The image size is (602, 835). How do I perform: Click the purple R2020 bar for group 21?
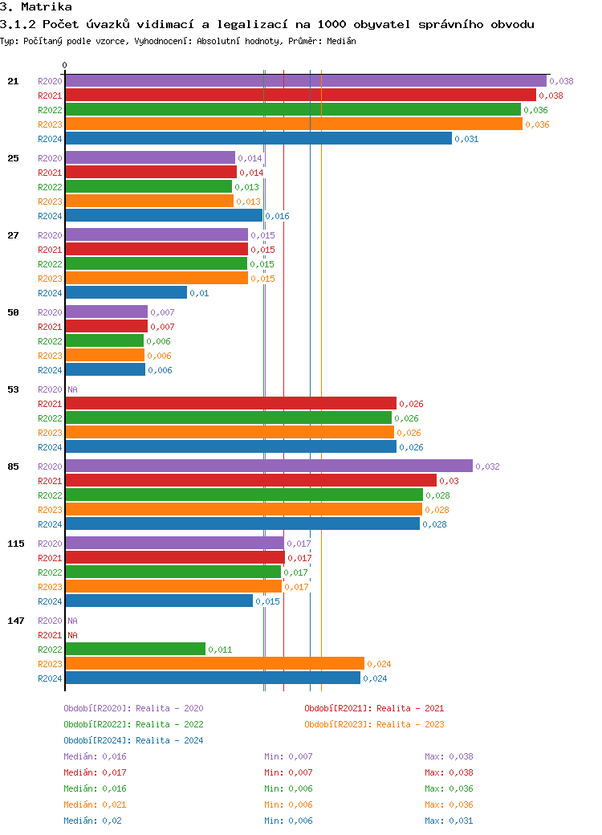[x=305, y=81]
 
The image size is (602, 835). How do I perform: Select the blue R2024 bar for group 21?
[x=258, y=139]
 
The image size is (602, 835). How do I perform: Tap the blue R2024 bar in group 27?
[x=126, y=293]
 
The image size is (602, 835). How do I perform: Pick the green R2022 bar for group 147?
[x=135, y=650]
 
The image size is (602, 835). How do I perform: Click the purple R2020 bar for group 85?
[x=269, y=466]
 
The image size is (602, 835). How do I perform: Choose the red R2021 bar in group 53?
[x=230, y=404]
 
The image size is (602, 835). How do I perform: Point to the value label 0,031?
[x=466, y=139]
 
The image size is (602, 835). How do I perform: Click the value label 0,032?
[x=487, y=466]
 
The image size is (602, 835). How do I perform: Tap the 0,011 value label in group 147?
[x=220, y=650]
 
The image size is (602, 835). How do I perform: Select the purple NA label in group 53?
[x=72, y=389]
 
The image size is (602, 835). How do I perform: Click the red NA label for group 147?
[x=72, y=635]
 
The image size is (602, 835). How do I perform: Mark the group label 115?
[x=16, y=544]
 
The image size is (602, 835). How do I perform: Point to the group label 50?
[x=13, y=312]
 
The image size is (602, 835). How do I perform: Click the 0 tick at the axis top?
[x=65, y=66]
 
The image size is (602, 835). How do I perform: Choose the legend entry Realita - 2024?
[x=133, y=740]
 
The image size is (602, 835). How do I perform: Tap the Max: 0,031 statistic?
[x=449, y=821]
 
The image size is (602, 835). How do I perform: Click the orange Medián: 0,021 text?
[x=95, y=804]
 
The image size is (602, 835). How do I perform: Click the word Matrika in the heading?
[x=47, y=7]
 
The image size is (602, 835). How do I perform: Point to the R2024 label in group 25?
[x=50, y=216]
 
